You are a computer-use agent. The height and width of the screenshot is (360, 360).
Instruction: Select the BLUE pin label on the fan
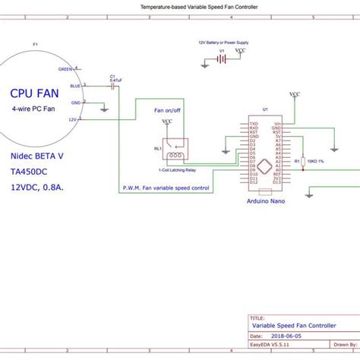click(75, 85)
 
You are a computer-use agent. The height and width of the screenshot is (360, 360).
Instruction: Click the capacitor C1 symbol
click(113, 86)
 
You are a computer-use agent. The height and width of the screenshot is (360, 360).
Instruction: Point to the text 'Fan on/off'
click(169, 110)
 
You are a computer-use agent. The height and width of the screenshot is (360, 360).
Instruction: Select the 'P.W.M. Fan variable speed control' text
click(165, 188)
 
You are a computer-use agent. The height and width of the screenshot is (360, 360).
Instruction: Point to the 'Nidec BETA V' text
click(37, 155)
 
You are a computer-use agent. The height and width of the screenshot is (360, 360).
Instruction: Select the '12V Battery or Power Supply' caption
click(223, 43)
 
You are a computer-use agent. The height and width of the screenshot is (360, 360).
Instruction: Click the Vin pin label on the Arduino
click(278, 122)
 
